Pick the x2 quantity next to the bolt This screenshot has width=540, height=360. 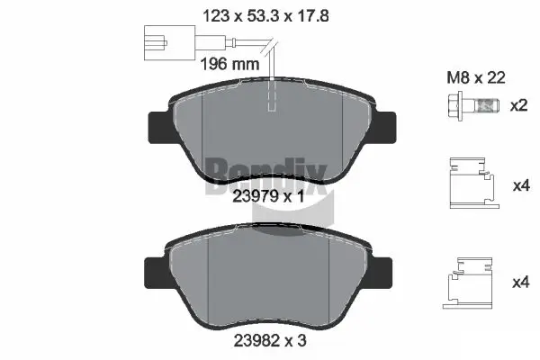click(517, 105)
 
